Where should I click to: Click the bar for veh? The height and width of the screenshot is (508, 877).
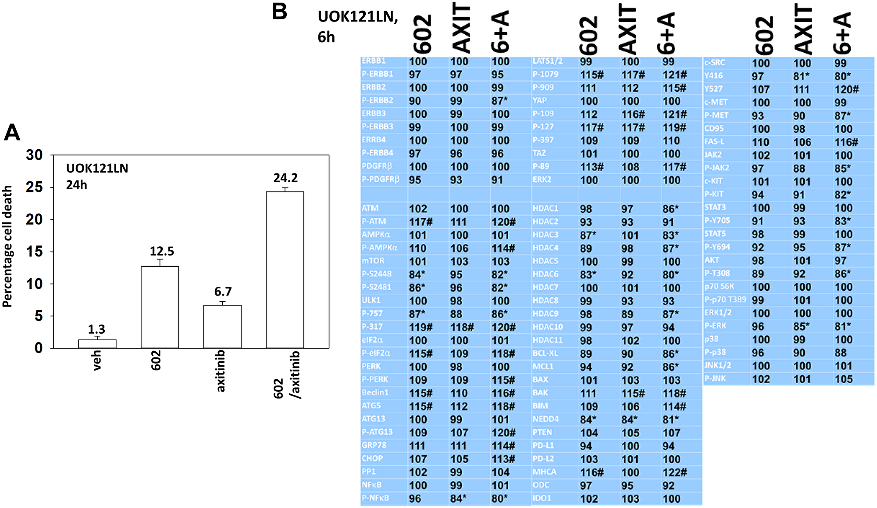click(97, 344)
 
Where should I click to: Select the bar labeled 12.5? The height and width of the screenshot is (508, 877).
click(160, 307)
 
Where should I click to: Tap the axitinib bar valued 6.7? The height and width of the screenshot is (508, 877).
click(222, 327)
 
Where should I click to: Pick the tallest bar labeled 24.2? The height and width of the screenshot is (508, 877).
click(285, 270)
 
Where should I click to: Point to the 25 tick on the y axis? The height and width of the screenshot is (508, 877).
click(34, 187)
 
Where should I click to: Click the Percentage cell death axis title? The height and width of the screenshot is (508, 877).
click(7, 246)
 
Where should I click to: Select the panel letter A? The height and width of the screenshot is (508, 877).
click(12, 132)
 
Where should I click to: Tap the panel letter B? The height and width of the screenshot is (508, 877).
click(279, 12)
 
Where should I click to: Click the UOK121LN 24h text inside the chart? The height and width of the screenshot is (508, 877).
click(97, 177)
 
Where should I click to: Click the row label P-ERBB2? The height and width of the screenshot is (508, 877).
click(377, 101)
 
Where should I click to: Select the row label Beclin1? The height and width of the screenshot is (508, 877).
click(375, 393)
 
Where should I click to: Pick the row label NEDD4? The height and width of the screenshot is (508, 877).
click(545, 419)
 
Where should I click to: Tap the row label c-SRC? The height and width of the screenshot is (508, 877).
click(714, 63)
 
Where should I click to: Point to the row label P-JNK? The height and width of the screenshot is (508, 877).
click(715, 378)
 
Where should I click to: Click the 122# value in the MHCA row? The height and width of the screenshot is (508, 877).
click(674, 472)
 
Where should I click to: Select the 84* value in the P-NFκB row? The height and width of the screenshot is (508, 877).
click(458, 499)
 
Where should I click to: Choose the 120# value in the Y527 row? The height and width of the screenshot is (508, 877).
click(846, 90)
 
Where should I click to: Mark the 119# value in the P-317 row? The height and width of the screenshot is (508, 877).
click(421, 327)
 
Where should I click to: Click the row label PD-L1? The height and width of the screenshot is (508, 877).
click(543, 446)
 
